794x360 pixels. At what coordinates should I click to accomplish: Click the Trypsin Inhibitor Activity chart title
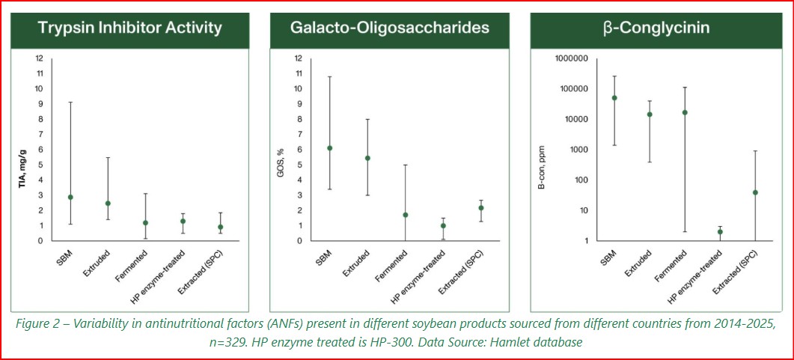[x=130, y=28]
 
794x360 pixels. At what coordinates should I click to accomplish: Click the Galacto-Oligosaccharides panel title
[x=389, y=28]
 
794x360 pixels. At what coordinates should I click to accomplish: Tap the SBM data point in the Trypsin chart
[x=70, y=197]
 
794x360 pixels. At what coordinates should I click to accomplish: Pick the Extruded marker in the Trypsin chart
[x=108, y=203]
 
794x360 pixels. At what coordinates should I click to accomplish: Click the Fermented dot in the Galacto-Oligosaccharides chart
[x=406, y=215]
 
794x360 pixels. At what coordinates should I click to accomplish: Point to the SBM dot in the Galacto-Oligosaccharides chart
[x=330, y=148]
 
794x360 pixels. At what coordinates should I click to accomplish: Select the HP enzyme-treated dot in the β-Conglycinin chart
[x=720, y=232]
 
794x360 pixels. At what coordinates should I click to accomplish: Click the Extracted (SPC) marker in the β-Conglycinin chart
[x=756, y=192]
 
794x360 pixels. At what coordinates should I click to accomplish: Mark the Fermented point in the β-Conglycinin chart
[x=684, y=112]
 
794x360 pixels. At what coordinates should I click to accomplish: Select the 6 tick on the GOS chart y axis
[x=299, y=150]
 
